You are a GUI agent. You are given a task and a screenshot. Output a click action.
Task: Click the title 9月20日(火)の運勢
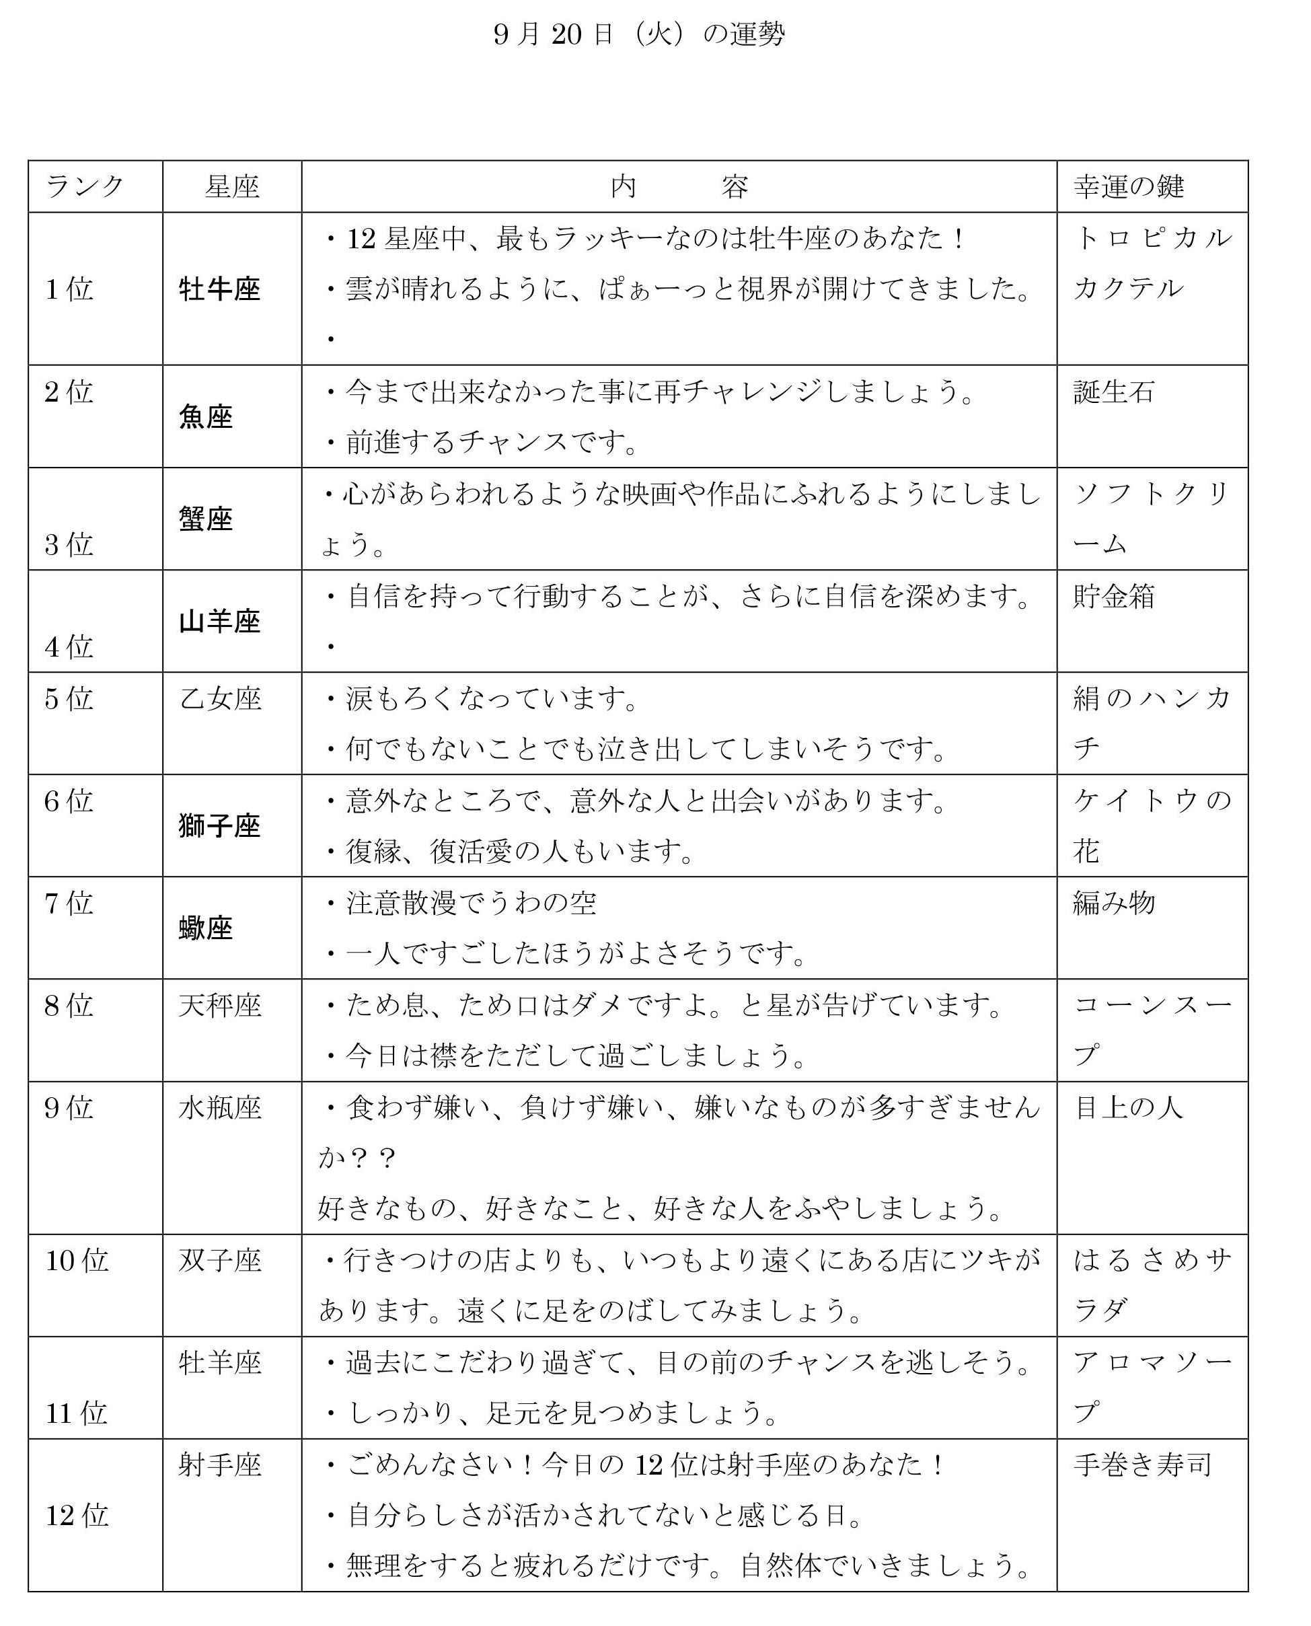click(x=639, y=35)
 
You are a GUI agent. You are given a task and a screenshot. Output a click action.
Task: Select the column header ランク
click(x=85, y=186)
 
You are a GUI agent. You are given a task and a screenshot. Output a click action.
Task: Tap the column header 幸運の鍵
click(x=1128, y=186)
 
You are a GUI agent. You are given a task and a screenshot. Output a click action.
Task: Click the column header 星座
click(x=232, y=186)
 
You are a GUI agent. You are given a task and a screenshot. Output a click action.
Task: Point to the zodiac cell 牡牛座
click(x=220, y=289)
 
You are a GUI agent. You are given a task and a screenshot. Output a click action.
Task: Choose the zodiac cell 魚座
click(x=205, y=417)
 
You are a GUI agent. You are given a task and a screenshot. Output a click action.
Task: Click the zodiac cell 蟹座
click(x=205, y=519)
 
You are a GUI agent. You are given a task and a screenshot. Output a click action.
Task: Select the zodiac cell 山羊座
click(x=220, y=622)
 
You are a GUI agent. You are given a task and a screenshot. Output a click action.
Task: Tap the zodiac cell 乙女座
click(x=220, y=698)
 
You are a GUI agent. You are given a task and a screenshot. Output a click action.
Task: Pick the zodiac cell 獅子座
click(x=220, y=826)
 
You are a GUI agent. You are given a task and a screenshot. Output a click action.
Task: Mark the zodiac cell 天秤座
click(x=220, y=1005)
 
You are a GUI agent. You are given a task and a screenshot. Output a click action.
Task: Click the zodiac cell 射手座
click(x=220, y=1465)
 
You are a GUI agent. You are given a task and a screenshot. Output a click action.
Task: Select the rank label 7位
click(x=69, y=903)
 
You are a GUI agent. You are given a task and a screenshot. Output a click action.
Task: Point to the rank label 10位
click(x=76, y=1261)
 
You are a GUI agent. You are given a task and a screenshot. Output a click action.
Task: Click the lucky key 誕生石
click(x=1114, y=392)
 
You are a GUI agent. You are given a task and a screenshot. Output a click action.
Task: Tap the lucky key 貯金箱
click(x=1114, y=596)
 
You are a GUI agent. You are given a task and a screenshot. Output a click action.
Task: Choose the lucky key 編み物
click(x=1114, y=903)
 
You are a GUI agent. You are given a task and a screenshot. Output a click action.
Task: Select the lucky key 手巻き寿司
click(x=1142, y=1465)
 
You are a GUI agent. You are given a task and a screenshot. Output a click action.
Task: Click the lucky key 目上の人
click(x=1128, y=1107)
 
